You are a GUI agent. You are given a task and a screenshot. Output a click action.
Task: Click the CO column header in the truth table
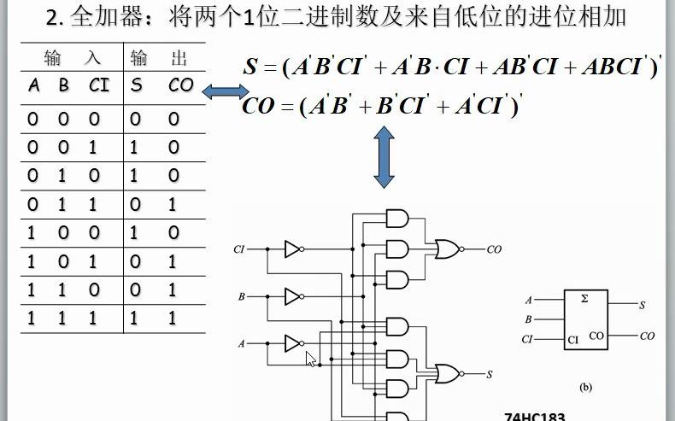click(181, 85)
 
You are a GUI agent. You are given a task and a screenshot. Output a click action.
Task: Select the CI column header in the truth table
click(98, 85)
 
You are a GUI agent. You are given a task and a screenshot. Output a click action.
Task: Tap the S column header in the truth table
click(137, 85)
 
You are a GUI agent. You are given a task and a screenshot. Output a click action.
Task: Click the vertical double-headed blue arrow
click(384, 157)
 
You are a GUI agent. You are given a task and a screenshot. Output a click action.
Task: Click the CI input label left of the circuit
click(239, 250)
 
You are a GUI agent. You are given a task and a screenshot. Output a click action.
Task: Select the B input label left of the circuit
click(242, 297)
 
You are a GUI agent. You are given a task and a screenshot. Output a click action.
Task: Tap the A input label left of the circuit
click(242, 343)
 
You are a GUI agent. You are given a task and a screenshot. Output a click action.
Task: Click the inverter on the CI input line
click(293, 249)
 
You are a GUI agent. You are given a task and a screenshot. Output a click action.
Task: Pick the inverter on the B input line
click(293, 296)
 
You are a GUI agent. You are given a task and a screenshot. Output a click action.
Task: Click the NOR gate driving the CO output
click(446, 249)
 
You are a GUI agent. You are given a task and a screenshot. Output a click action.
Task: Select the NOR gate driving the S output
click(446, 373)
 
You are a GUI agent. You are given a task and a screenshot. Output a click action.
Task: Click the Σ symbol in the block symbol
click(584, 299)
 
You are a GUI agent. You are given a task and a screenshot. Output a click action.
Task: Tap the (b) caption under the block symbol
click(585, 387)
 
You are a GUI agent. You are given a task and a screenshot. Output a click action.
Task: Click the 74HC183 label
click(535, 416)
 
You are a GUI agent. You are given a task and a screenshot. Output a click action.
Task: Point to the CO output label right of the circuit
click(494, 250)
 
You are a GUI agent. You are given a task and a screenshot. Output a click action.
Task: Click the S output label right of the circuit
click(490, 374)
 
